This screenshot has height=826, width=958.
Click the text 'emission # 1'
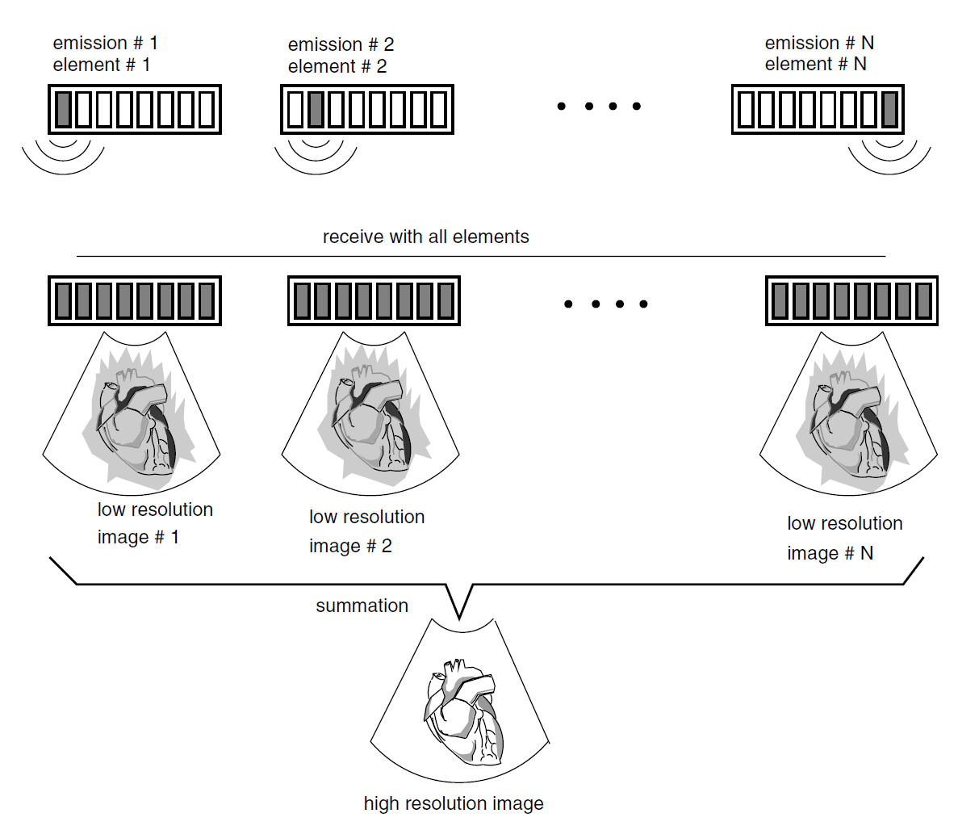coord(105,43)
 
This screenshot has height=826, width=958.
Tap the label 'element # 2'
coord(337,66)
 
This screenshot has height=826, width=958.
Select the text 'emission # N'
coord(818,43)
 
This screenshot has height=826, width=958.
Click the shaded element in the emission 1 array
coord(63,110)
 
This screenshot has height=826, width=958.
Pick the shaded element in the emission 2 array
coord(316,110)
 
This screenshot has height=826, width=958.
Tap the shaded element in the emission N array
coord(889,110)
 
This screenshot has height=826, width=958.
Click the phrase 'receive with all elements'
coord(425,237)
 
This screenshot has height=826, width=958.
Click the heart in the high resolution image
coord(464,711)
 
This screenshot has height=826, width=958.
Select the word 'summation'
coord(362,606)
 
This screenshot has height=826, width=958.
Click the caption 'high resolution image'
coord(453,803)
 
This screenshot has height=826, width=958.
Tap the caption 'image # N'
coord(830,553)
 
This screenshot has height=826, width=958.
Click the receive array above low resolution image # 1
coord(135,300)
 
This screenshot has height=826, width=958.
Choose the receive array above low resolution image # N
coord(851,300)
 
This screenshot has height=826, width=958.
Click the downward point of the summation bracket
coord(459,618)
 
